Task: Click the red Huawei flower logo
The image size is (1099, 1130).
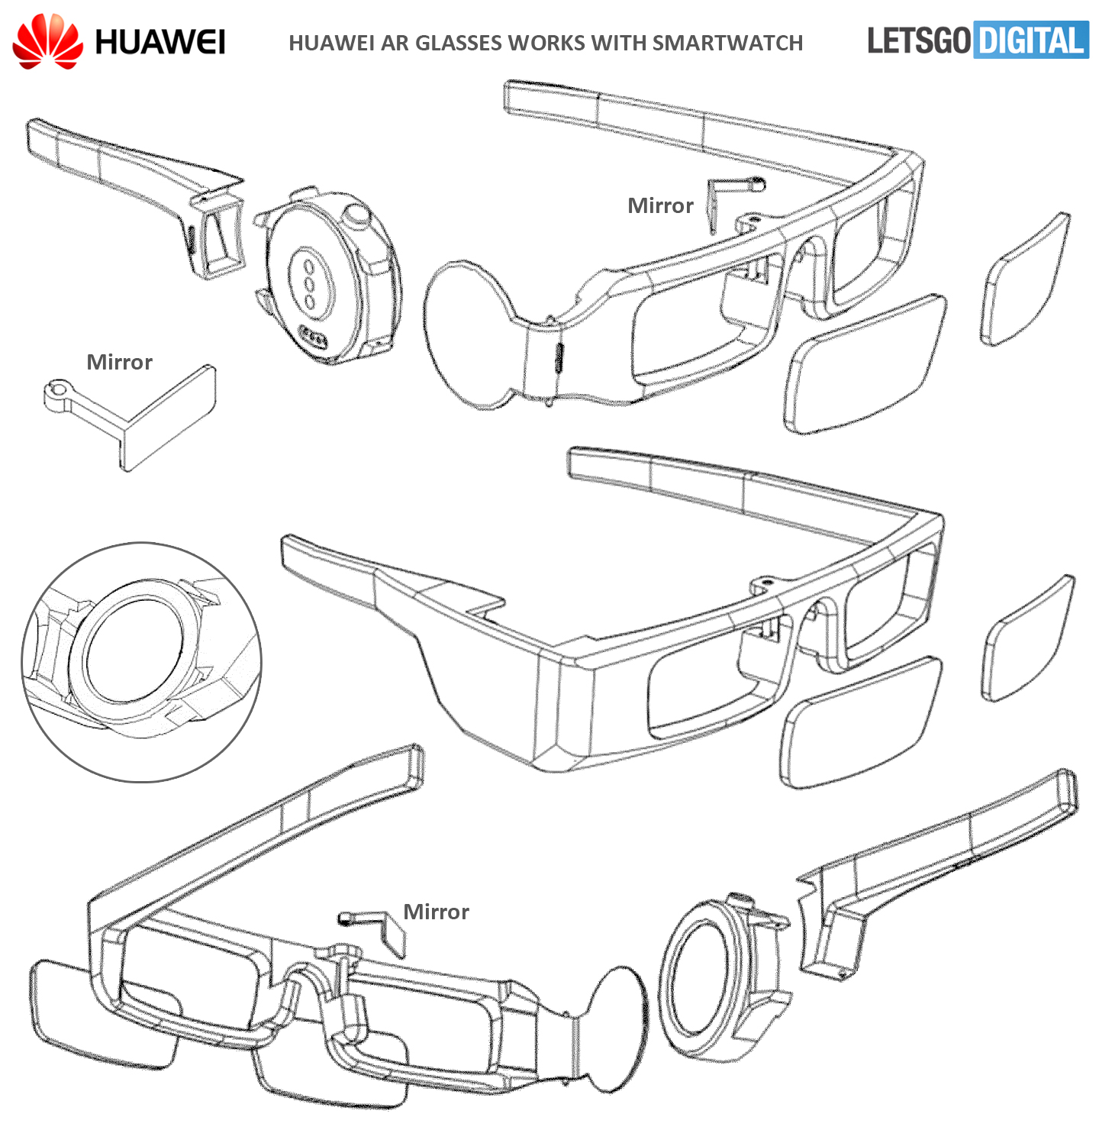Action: coord(47,41)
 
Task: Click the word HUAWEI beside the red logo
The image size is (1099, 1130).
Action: coord(160,43)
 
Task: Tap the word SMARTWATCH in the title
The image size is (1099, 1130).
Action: coord(727,43)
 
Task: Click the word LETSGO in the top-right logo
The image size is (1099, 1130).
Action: coord(919,40)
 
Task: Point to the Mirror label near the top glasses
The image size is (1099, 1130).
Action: coord(660,205)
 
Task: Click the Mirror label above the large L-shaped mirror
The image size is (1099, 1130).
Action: coord(119,362)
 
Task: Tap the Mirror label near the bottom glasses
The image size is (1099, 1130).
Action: coord(436,912)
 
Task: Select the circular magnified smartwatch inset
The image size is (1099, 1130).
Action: coord(142,662)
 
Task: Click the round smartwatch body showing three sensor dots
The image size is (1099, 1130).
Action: coord(328,275)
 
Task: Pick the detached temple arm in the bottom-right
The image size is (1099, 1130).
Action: coord(935,871)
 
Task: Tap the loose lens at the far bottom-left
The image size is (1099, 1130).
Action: coord(105,1014)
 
